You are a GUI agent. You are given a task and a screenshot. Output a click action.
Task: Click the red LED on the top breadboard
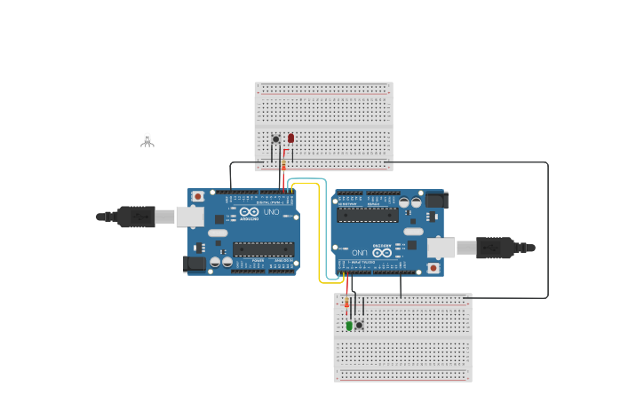[x=290, y=138]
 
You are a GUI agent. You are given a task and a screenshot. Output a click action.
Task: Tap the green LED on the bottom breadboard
[x=349, y=326]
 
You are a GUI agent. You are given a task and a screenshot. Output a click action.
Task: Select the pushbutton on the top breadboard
[x=276, y=139]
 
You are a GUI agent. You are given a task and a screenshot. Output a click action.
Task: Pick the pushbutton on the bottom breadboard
[x=360, y=325]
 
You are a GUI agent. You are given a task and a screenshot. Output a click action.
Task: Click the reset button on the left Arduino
[x=197, y=196]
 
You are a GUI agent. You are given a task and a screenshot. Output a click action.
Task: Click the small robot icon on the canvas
[x=147, y=139]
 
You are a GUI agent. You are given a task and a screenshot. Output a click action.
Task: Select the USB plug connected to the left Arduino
[x=133, y=217]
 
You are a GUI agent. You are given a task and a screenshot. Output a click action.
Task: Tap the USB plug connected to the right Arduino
[x=497, y=248]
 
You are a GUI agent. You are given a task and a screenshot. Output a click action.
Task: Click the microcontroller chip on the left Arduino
[x=263, y=249]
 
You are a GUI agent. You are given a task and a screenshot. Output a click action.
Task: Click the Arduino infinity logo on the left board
[x=248, y=213]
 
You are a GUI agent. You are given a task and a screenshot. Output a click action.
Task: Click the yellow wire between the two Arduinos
[x=319, y=231]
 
